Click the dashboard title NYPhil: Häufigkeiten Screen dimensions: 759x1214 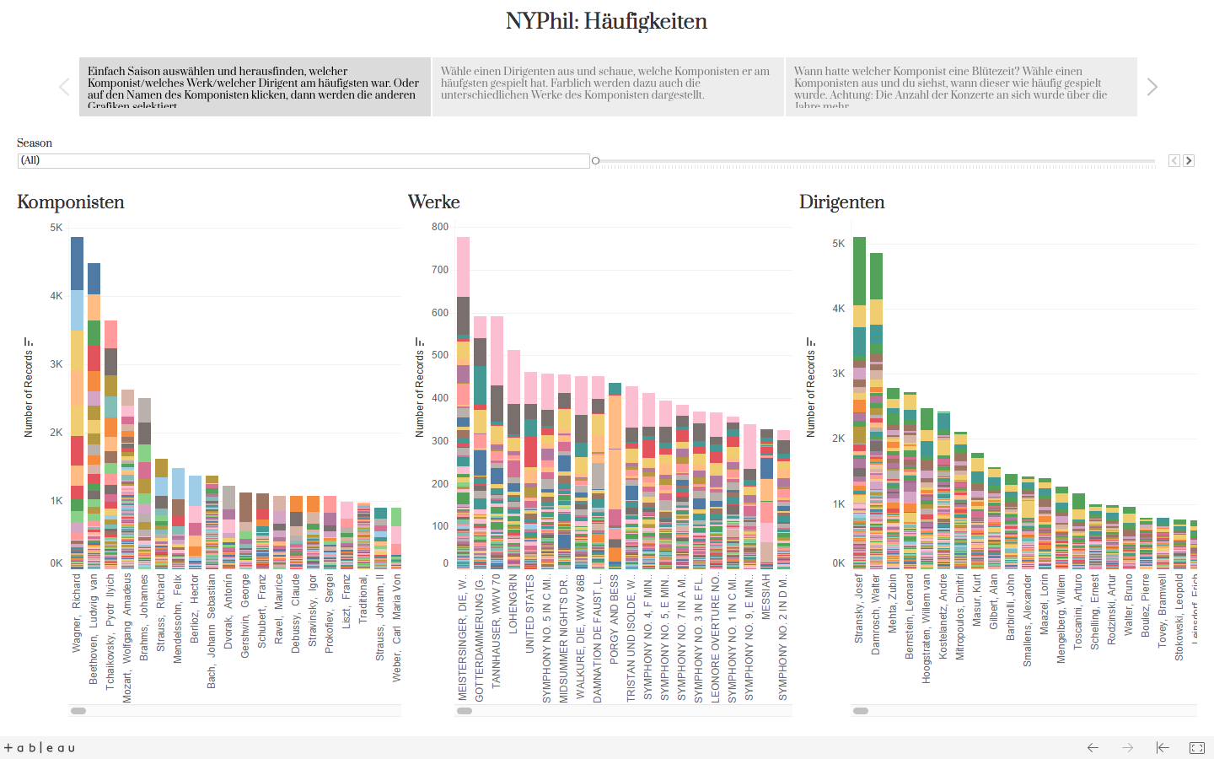[x=606, y=21]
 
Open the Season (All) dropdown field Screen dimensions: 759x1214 [x=303, y=160]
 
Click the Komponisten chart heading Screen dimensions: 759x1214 [x=71, y=202]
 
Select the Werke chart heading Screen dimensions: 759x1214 [x=434, y=202]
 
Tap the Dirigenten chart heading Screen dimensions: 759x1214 [x=842, y=202]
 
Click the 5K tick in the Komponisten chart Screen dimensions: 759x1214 [x=56, y=228]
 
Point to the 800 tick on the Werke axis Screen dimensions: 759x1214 [x=440, y=227]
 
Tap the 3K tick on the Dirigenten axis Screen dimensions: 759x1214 [x=839, y=374]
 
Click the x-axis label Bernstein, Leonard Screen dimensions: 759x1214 [x=910, y=616]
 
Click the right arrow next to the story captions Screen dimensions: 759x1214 [x=1152, y=87]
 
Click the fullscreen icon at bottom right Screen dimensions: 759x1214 [x=1197, y=747]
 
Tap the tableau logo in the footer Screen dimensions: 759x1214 [x=40, y=748]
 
